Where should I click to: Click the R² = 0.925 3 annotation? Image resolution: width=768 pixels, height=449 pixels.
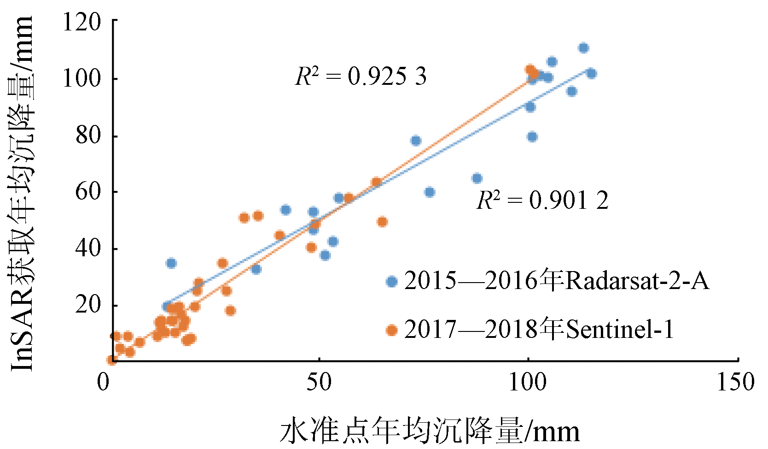[361, 76]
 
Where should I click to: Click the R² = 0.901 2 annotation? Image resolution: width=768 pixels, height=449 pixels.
[542, 200]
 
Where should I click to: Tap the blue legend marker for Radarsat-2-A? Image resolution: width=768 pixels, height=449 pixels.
[392, 281]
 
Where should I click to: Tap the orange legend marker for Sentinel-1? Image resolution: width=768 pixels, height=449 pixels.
[392, 330]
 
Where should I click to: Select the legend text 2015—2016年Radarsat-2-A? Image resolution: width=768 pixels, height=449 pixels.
[557, 280]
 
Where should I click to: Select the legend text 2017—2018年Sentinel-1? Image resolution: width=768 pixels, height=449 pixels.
[539, 329]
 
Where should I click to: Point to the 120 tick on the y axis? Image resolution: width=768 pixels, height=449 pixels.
[81, 22]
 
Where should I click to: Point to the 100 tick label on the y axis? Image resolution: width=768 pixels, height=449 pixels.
[81, 78]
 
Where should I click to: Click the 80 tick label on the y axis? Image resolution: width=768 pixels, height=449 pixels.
[87, 136]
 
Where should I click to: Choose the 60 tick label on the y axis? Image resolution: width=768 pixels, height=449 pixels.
[87, 192]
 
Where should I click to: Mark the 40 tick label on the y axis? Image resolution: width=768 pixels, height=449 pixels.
[87, 248]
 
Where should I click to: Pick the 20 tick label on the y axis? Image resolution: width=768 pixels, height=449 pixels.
[87, 305]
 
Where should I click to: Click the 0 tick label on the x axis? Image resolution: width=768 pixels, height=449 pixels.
[104, 383]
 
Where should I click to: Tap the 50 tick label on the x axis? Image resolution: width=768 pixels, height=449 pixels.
[319, 383]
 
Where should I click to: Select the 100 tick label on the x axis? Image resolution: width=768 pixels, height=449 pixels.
[528, 383]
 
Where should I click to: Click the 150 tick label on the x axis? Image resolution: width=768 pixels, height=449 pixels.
[736, 383]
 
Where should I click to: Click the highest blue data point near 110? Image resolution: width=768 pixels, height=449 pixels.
[583, 48]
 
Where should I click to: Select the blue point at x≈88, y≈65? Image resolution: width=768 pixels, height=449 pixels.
[477, 178]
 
